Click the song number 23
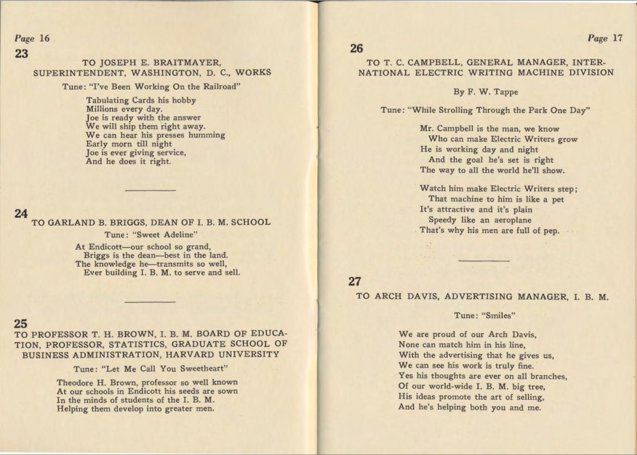tap(21, 54)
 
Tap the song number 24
tap(21, 214)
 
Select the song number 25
tap(21, 324)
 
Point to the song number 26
tap(356, 48)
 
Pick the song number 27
tap(355, 281)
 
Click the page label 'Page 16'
tap(32, 39)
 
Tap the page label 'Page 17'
tap(605, 39)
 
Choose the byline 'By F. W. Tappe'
tap(485, 92)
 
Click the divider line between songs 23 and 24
tap(150, 191)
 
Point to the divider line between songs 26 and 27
tap(484, 261)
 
